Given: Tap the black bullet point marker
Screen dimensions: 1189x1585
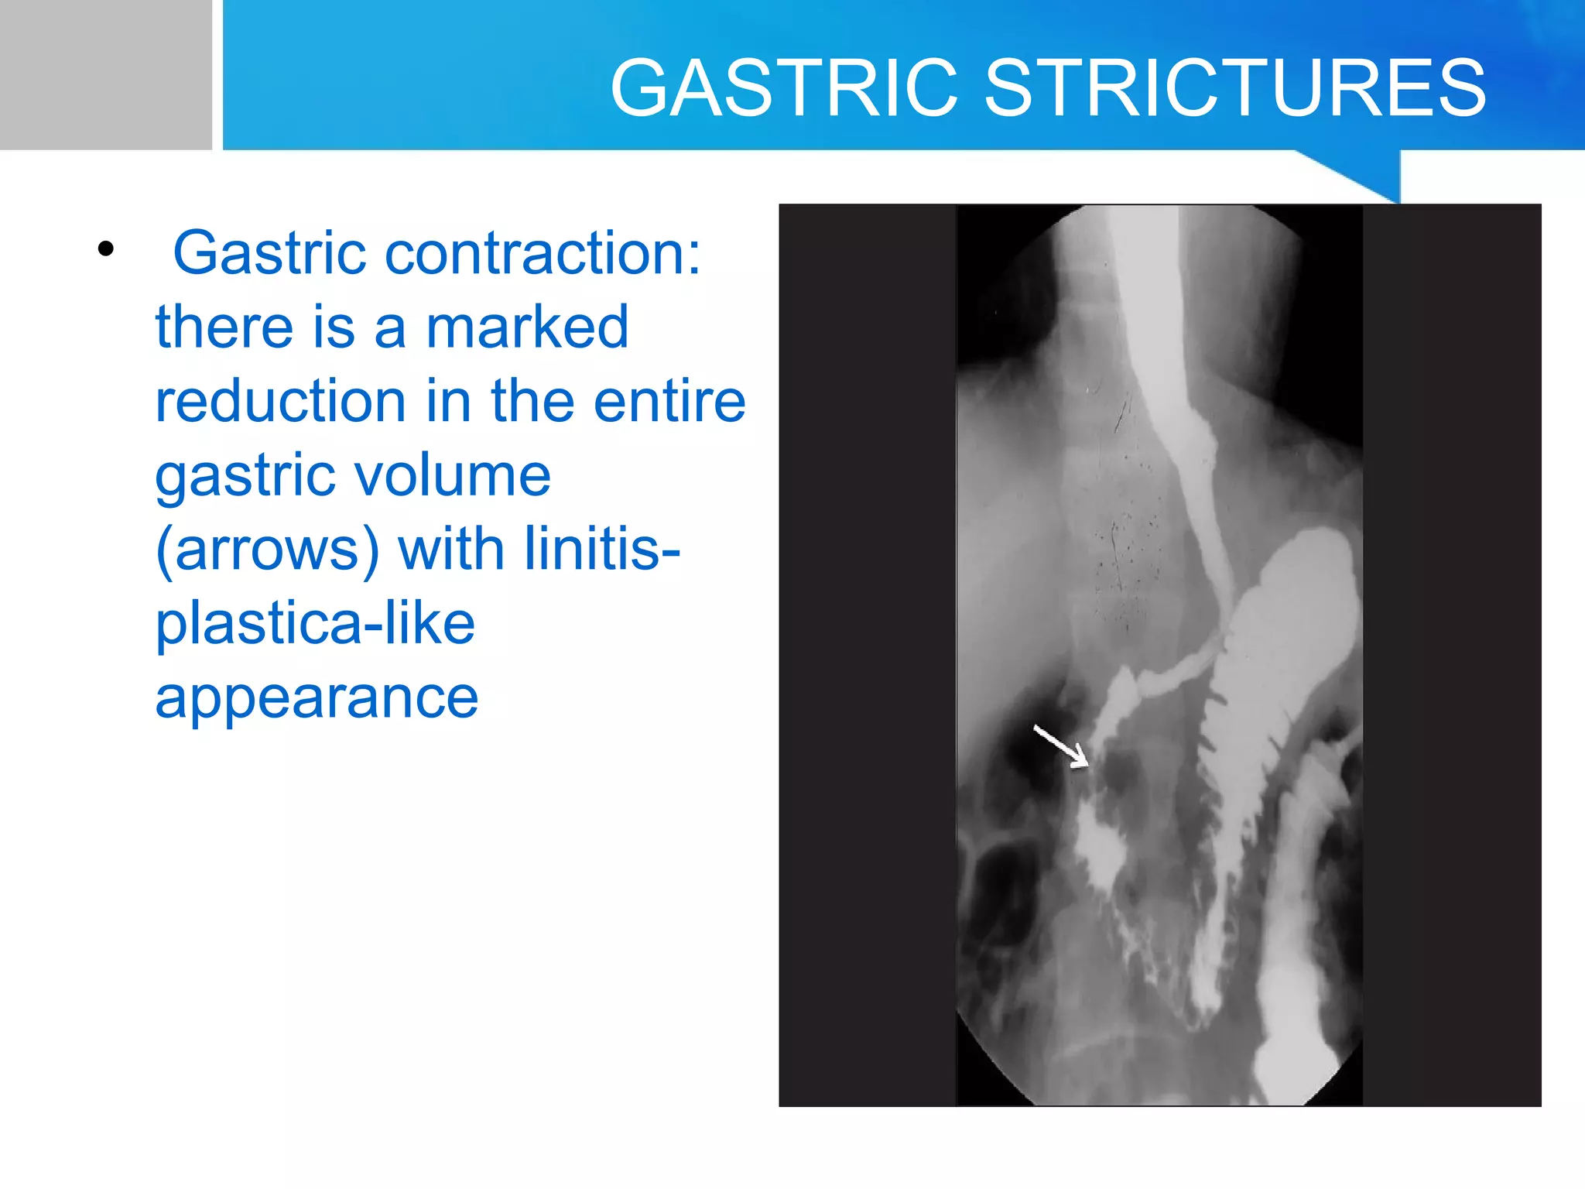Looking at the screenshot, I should tap(106, 249).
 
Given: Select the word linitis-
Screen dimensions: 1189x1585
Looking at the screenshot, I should tap(602, 548).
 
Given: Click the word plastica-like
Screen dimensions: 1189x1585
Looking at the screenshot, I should tap(315, 624).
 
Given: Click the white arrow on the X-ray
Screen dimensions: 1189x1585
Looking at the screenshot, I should tap(1061, 745).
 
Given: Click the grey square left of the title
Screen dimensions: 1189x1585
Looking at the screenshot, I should tap(105, 74).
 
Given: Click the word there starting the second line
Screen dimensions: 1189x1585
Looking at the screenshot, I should tap(224, 327).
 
